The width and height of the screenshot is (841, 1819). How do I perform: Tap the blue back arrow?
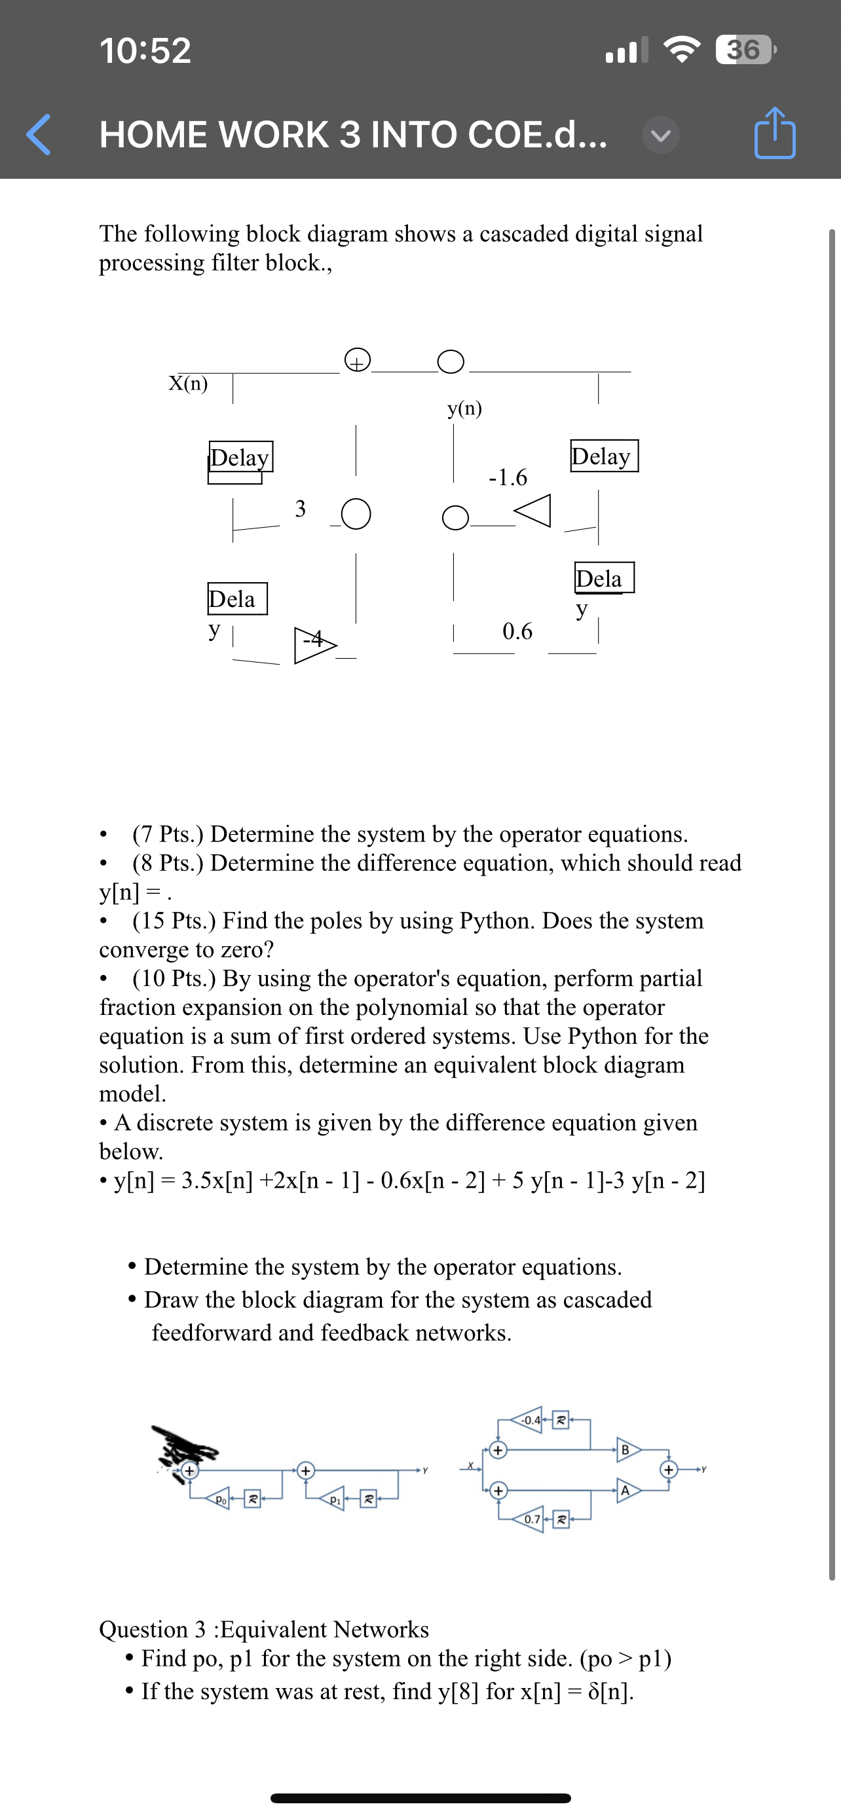click(39, 134)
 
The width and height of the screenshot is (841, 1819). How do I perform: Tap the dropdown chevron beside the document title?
click(660, 135)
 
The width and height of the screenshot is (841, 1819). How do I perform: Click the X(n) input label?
click(188, 383)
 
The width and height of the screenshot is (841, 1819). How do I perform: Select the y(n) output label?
click(464, 407)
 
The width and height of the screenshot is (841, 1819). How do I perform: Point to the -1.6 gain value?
click(508, 477)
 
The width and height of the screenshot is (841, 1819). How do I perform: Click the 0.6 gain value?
click(517, 631)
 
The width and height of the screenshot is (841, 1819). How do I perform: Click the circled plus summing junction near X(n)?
click(358, 360)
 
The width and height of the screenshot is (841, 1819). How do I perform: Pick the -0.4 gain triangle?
click(529, 1420)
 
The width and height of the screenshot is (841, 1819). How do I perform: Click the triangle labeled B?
click(627, 1450)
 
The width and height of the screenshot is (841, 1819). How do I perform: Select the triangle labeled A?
click(627, 1491)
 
